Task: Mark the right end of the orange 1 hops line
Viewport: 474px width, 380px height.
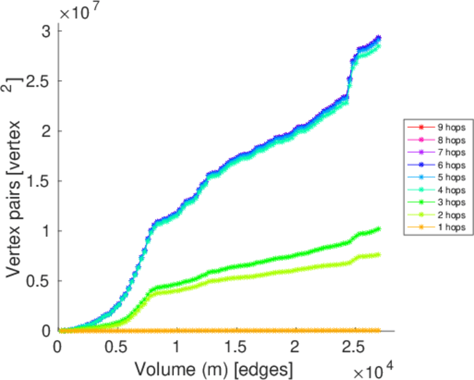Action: (x=378, y=330)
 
